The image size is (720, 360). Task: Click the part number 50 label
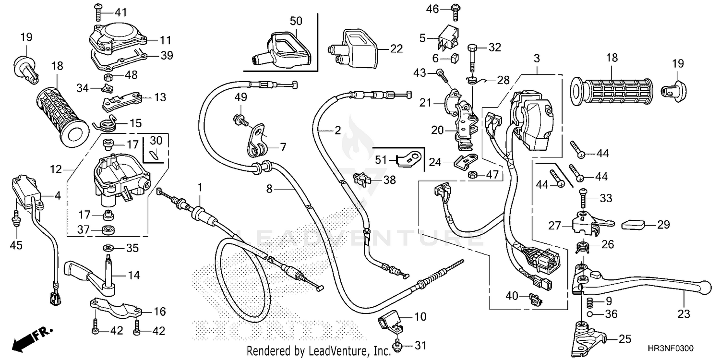point(296,21)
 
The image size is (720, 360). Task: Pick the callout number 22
point(396,48)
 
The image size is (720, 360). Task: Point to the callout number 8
point(269,190)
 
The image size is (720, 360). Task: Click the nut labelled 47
point(472,174)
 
